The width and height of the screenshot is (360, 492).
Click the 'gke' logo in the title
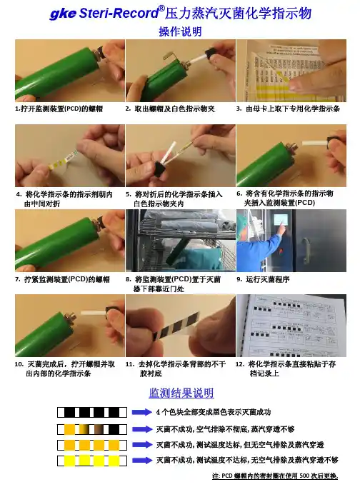63,14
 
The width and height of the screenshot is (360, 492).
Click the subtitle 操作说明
180,31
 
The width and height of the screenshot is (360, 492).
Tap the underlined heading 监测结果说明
181,393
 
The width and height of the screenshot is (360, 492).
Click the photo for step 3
291,71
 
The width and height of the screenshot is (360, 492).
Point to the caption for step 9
263,279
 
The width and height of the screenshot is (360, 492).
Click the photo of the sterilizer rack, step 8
181,241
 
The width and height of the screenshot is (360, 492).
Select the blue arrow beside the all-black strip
141,412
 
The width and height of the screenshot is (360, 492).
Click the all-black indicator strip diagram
92,412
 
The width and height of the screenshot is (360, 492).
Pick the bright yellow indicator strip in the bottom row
92,461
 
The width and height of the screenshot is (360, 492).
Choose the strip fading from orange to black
92,429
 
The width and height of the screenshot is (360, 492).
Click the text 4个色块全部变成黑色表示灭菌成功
214,412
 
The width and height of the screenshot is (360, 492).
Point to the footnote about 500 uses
275,476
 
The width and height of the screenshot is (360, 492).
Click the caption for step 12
286,368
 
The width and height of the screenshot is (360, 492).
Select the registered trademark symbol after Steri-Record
161,9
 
